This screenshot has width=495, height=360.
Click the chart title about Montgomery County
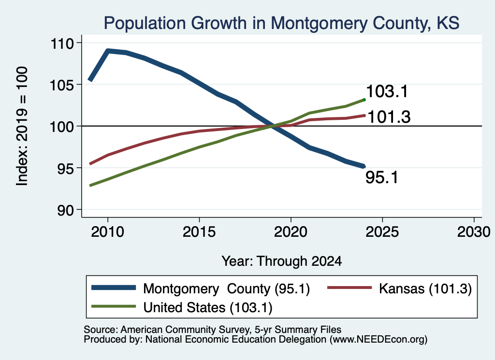point(281,23)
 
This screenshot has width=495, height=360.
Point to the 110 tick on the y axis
point(62,43)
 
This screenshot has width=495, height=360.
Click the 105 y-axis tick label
point(62,85)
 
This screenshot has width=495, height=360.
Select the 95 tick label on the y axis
point(65,169)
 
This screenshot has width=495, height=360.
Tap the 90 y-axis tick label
point(65,210)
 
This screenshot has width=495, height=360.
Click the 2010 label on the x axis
point(108,232)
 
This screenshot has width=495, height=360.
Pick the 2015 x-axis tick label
point(199,232)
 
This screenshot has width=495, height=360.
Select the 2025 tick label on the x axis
point(382,232)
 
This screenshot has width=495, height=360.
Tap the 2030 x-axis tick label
point(474,232)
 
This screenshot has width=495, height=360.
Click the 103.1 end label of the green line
point(387,91)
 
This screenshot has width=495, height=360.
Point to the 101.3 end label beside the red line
point(389,117)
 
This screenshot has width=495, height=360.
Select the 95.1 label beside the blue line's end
point(382,177)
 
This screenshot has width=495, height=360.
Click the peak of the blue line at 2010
point(108,50)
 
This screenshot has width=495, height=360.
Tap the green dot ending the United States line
point(364,100)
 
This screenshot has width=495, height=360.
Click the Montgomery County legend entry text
point(226,288)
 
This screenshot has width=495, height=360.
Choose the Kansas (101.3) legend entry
point(425,288)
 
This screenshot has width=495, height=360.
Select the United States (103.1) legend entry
point(208,308)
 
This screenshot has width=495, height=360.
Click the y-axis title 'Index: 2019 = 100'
point(22,126)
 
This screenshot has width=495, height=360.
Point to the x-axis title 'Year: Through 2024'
point(282,261)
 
